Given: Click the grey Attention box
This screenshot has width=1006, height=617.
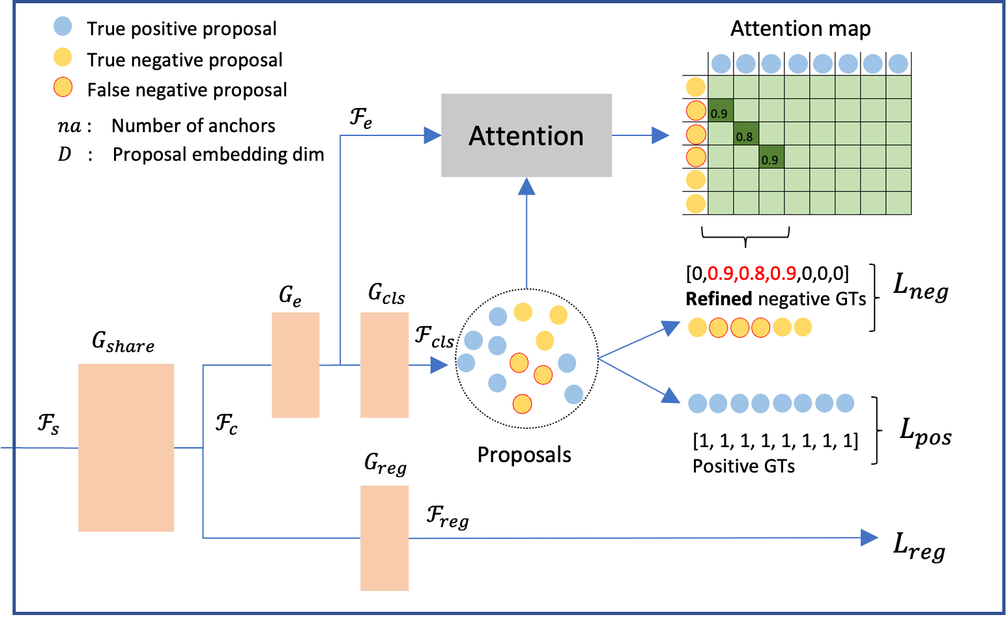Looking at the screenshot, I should point(526,135).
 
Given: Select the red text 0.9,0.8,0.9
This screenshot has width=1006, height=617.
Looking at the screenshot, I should point(752,273).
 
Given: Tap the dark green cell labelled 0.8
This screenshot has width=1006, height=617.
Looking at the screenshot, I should point(746,134).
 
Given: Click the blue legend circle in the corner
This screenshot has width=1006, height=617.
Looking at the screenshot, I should point(63,26).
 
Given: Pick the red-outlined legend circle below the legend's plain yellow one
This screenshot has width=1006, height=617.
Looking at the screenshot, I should point(63,87).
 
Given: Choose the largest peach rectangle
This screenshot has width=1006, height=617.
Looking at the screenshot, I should point(126,448).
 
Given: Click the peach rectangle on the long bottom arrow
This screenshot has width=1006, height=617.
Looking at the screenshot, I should point(384,538).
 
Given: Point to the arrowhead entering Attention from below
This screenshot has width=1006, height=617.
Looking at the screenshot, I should point(526,186).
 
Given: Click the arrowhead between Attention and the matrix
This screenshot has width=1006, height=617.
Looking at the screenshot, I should point(661,135).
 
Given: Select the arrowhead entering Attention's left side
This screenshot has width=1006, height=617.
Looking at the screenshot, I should point(433,135).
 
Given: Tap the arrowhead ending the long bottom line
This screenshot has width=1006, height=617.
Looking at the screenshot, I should point(870,538).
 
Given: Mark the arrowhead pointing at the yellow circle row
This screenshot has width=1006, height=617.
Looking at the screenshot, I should point(671,327).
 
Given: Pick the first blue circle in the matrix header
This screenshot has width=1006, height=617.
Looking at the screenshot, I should point(721,64).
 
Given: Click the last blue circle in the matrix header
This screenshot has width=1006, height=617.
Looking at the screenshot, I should point(898,64).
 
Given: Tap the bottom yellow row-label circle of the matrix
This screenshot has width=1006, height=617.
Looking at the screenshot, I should point(696,203).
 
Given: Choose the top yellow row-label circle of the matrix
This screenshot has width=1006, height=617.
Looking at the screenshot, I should point(696,87).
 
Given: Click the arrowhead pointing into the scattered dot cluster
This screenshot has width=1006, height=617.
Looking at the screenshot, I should point(439,365).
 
